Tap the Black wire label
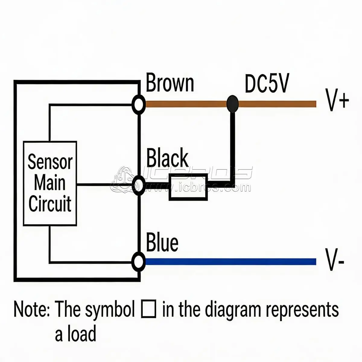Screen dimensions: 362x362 (167, 158)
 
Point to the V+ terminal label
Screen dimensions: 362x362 (337, 100)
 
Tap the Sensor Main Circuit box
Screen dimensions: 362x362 (50, 183)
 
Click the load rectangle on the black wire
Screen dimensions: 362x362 (188, 187)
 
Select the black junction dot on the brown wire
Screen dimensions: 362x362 (233, 104)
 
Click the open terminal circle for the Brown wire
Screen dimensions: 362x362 (138, 104)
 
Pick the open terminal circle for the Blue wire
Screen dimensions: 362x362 (138, 261)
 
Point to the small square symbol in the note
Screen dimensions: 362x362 (148, 310)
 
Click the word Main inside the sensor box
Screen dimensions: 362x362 (49, 183)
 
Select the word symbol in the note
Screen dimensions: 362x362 (110, 310)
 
